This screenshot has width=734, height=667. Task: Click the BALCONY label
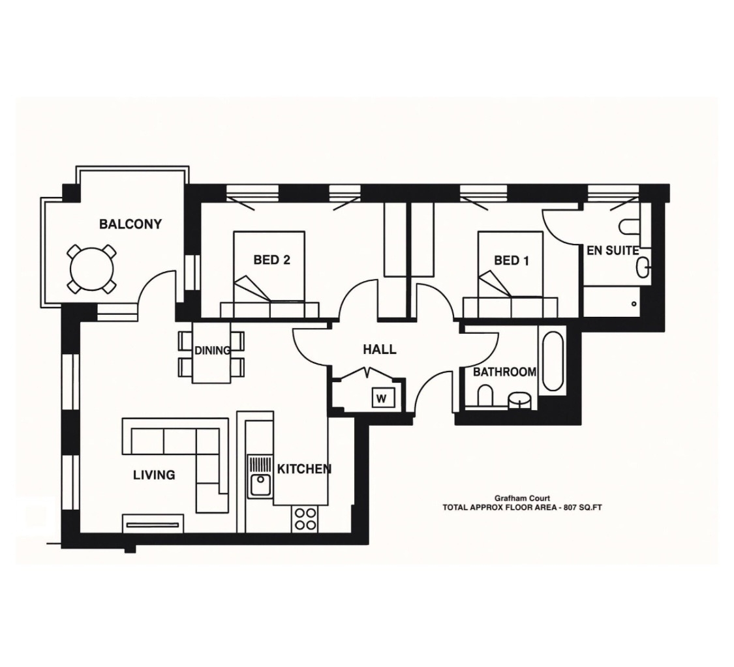point(130,224)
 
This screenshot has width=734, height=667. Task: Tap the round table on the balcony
point(91,269)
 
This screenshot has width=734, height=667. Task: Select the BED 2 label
point(271,260)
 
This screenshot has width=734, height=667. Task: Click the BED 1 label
point(511,261)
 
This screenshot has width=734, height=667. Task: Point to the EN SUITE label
point(612,250)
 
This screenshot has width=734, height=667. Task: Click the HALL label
point(379,349)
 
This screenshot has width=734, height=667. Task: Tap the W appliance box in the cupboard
point(383,397)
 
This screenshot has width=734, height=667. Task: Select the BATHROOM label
point(504,372)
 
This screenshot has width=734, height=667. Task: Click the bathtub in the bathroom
point(553,361)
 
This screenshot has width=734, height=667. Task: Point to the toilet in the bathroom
point(485,396)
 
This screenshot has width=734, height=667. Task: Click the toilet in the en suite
point(630,226)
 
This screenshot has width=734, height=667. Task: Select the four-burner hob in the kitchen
point(305,519)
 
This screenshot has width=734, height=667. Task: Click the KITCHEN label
point(304,469)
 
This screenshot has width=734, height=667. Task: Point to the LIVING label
point(154,475)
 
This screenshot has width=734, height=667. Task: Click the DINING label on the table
point(212,351)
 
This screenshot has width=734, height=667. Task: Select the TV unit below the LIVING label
point(153,524)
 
